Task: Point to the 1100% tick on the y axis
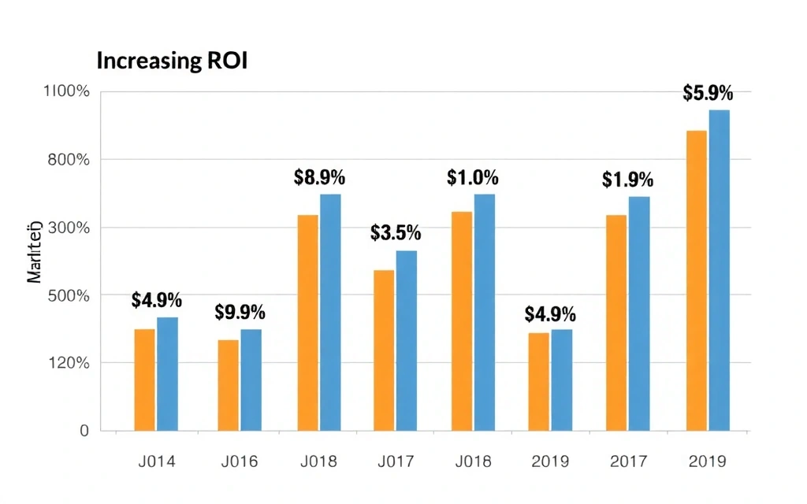(67, 91)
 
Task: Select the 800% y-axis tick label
(70, 160)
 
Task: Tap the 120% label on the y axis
(70, 363)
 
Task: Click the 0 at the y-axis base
(84, 431)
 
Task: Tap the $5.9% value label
(708, 94)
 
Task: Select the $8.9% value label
(319, 177)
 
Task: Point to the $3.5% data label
(396, 233)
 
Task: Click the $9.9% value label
(240, 312)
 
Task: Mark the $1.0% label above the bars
(473, 177)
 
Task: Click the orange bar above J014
(145, 380)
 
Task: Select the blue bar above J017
(407, 340)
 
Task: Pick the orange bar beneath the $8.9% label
(308, 323)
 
